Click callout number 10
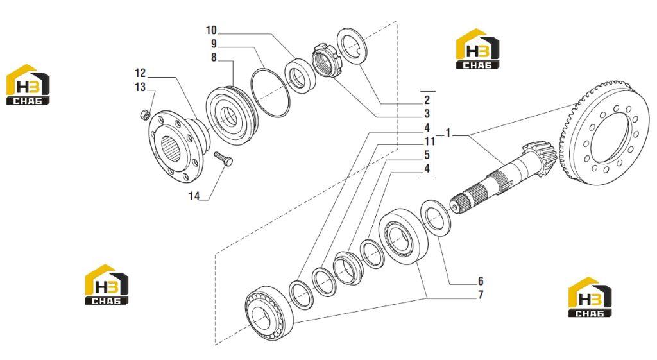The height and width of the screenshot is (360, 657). tap(211, 30)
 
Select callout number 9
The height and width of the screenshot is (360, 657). tap(214, 44)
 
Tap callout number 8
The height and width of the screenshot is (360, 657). tap(214, 57)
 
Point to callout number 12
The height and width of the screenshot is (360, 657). tap(140, 73)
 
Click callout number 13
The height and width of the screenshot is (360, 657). tap(140, 87)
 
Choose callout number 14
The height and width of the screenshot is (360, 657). tap(194, 196)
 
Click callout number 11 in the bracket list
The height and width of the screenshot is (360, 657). tap(429, 141)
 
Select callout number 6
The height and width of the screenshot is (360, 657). tap(481, 281)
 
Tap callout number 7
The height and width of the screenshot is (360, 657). tap(481, 295)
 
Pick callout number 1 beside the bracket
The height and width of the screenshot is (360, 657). tap(448, 133)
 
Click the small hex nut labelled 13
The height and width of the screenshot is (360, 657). tap(144, 114)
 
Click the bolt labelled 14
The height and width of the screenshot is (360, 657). tap(223, 159)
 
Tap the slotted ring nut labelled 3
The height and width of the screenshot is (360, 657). tap(327, 60)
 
